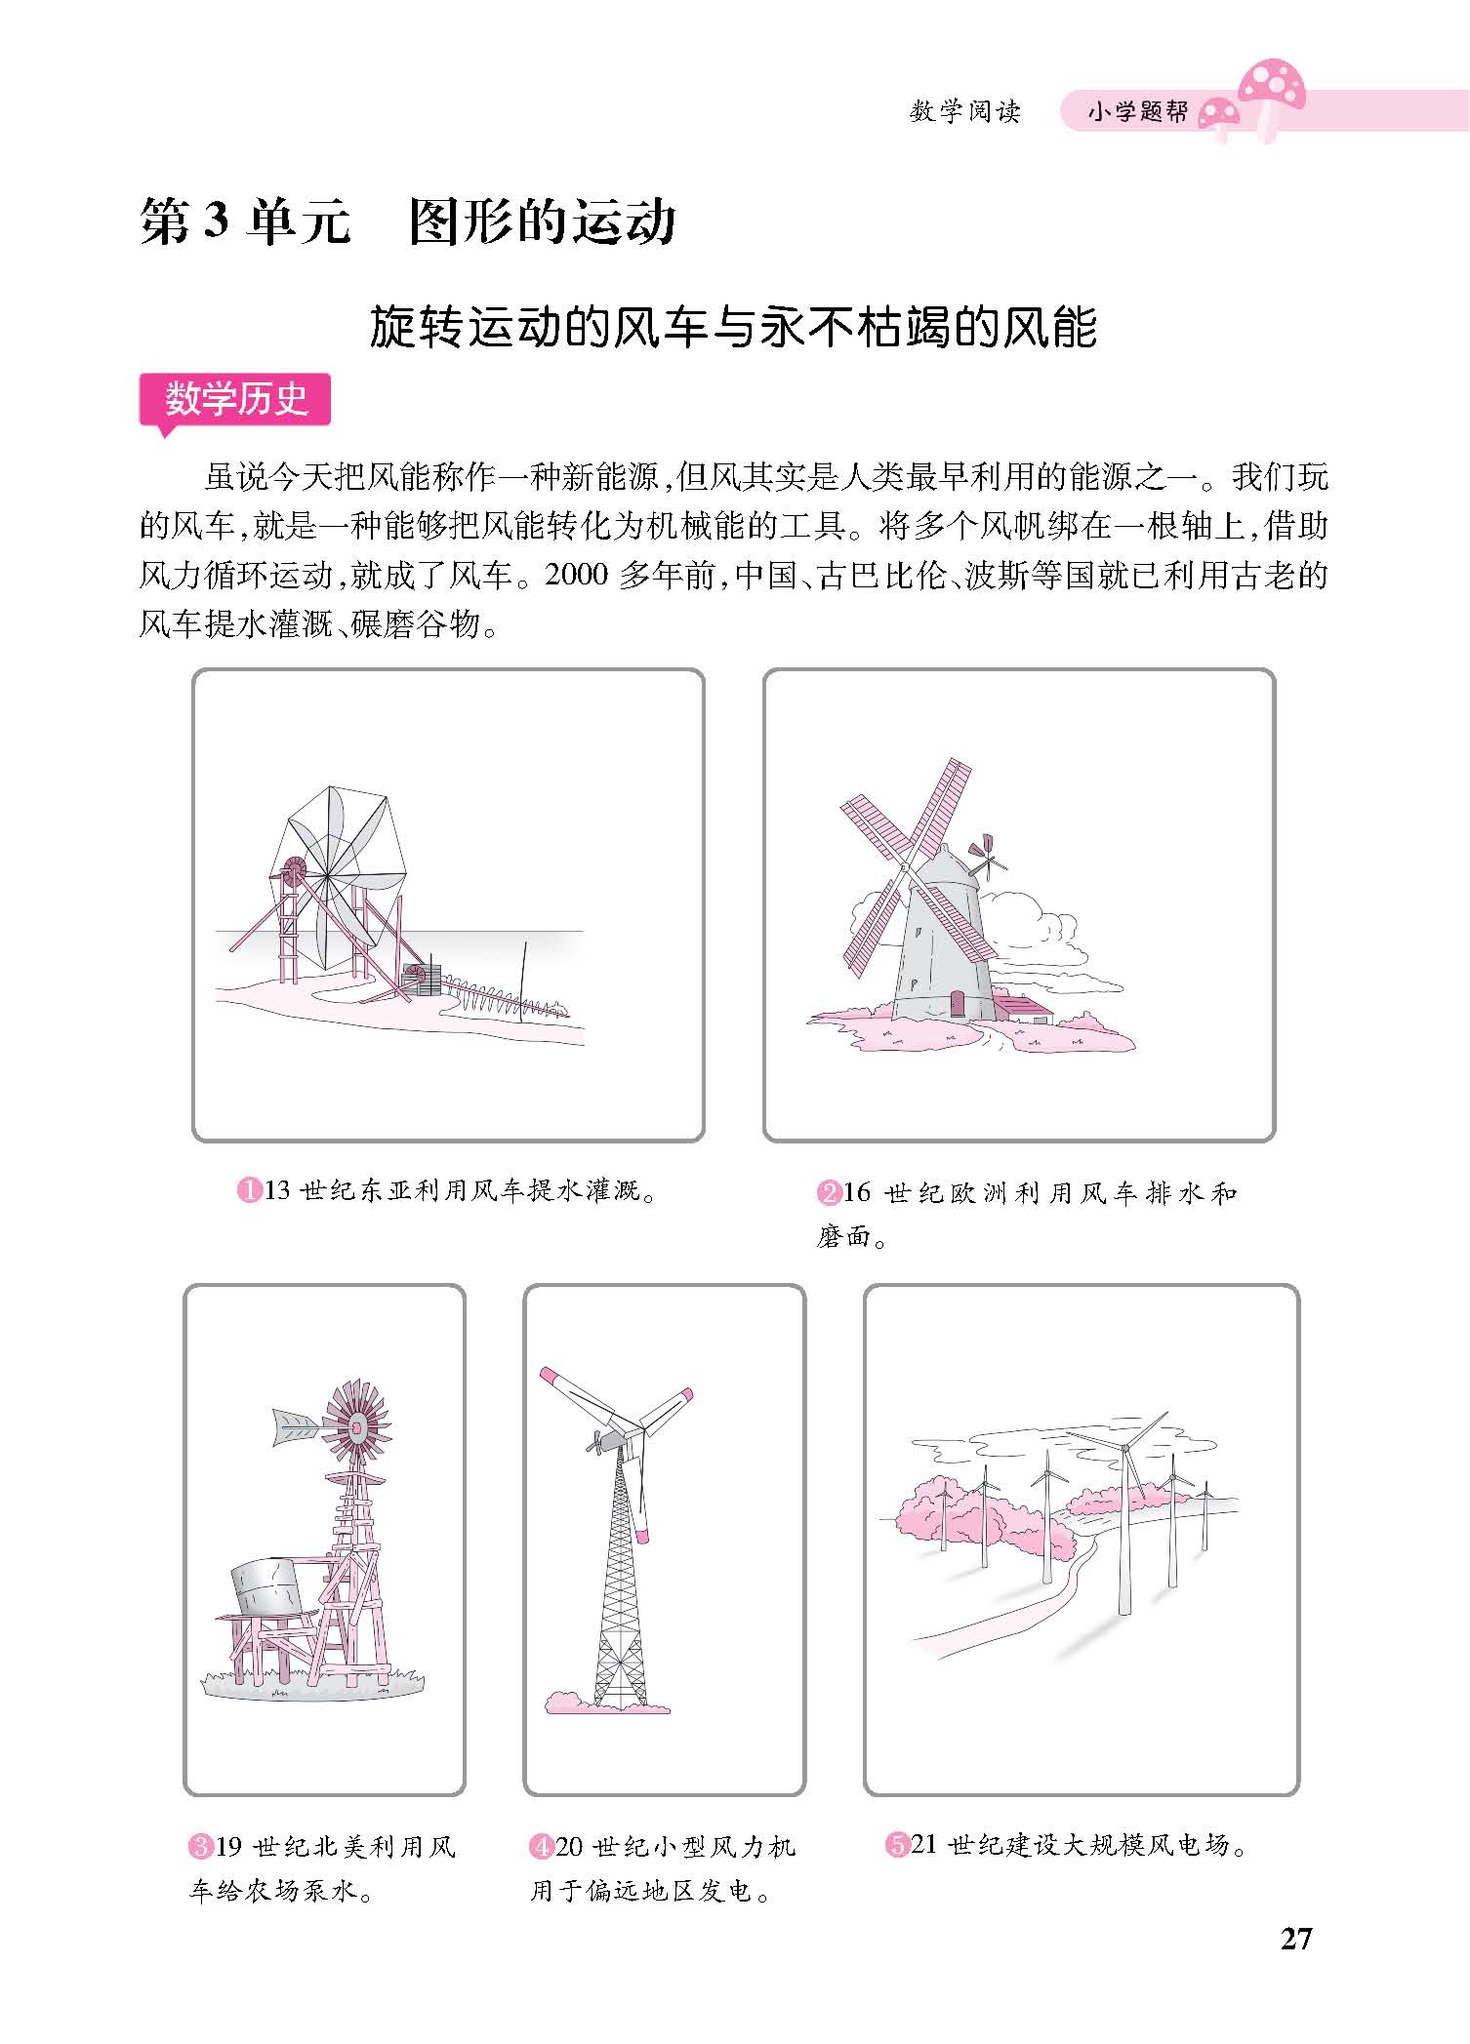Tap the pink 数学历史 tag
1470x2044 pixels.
pyautogui.click(x=235, y=399)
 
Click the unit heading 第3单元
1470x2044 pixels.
pyautogui.click(x=245, y=222)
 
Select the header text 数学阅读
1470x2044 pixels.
pyautogui.click(x=964, y=112)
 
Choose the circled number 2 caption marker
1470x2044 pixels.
pyautogui.click(x=828, y=1192)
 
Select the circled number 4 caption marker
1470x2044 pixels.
pyautogui.click(x=542, y=1847)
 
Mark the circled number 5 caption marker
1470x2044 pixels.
pyautogui.click(x=897, y=1845)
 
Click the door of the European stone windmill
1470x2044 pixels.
pyautogui.click(x=958, y=1005)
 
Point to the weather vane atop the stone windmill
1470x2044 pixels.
pyautogui.click(x=987, y=855)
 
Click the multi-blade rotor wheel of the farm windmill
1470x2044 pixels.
pyautogui.click(x=355, y=1426)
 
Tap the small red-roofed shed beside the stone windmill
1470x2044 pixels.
pyautogui.click(x=1022, y=1008)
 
